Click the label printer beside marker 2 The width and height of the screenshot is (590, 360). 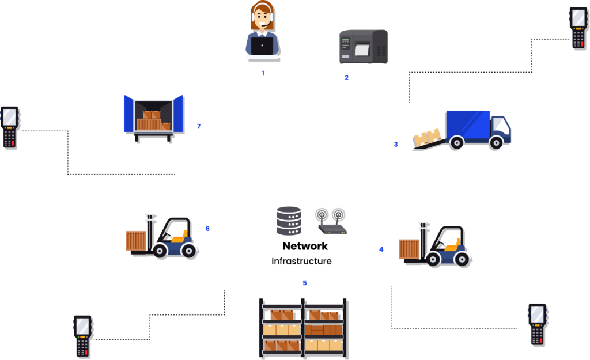pyautogui.click(x=363, y=46)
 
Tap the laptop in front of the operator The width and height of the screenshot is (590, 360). pyautogui.click(x=262, y=46)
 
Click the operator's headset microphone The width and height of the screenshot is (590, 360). pyautogui.click(x=264, y=25)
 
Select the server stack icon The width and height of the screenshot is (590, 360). pyautogui.click(x=289, y=221)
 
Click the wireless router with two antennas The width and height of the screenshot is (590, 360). pyautogui.click(x=331, y=221)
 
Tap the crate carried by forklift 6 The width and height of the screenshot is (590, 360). pyautogui.click(x=137, y=241)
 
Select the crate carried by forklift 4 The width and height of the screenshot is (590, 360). pyautogui.click(x=410, y=249)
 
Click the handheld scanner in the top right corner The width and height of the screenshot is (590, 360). pyautogui.click(x=578, y=27)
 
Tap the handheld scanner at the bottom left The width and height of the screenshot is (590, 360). pyautogui.click(x=82, y=335)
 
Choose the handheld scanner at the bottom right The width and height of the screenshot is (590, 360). pyautogui.click(x=537, y=324)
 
